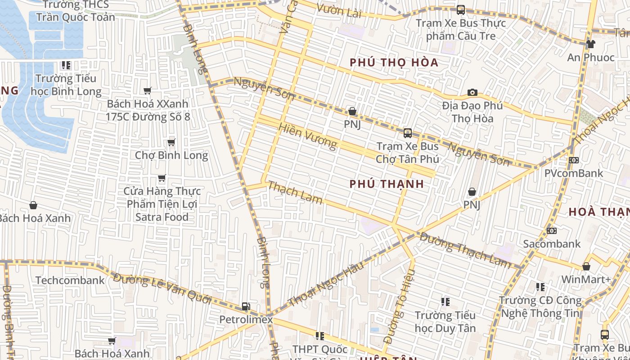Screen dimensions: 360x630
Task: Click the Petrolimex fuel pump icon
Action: tap(246, 306)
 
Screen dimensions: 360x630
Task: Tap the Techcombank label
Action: tap(70, 280)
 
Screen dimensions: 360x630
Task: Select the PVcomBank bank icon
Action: tap(573, 160)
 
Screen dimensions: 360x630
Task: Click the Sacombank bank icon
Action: tap(551, 231)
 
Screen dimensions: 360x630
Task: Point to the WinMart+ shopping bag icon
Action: tap(586, 266)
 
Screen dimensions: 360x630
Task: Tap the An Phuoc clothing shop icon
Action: tap(590, 44)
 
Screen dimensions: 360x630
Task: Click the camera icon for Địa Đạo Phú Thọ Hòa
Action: tap(472, 93)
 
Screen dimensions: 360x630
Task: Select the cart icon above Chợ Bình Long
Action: tap(171, 143)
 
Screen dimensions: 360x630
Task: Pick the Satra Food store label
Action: tap(162, 204)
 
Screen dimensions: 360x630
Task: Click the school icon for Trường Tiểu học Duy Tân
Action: tap(445, 302)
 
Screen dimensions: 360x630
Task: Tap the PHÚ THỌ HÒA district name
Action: tap(394, 63)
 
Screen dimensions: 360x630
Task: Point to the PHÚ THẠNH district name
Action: tap(387, 184)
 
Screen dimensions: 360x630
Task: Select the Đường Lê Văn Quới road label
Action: tap(162, 288)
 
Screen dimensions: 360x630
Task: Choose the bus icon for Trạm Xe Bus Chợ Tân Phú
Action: tap(407, 133)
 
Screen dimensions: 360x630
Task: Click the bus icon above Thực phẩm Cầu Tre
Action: tap(460, 10)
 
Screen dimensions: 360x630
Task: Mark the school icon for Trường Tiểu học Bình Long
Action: tap(66, 65)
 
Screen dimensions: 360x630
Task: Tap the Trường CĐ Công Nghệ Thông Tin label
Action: tap(540, 306)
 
